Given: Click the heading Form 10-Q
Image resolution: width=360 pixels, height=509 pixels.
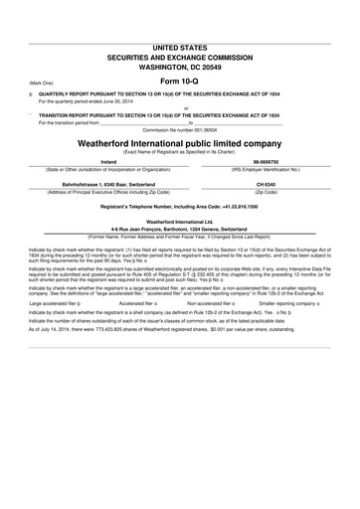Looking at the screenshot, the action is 179,81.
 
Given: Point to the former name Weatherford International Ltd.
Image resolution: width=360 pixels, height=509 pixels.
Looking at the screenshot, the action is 179,222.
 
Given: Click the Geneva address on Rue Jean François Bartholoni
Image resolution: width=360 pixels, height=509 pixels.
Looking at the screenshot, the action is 179,230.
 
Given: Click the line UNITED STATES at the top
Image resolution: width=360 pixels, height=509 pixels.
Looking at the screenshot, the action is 179,47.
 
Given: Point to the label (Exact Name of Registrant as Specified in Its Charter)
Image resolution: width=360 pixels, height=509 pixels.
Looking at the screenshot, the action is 179,152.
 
